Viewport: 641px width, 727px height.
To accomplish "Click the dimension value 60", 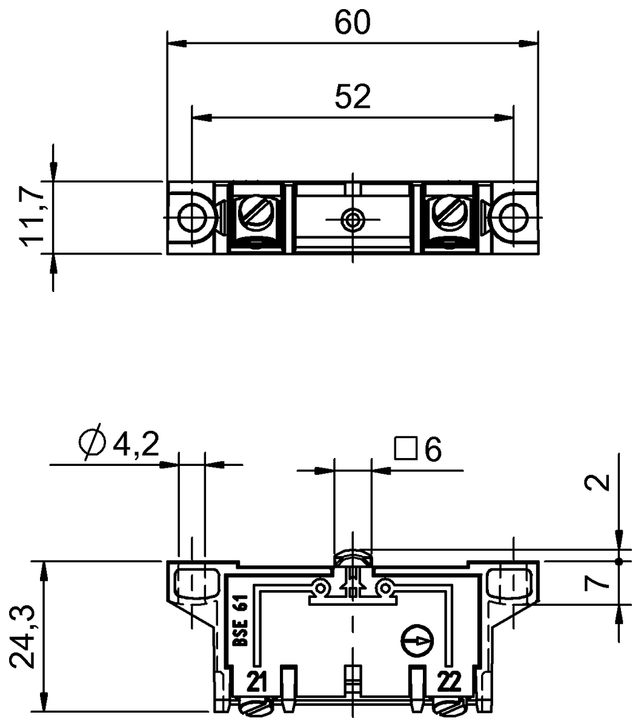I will (x=352, y=22).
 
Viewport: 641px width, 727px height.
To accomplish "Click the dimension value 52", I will (x=352, y=97).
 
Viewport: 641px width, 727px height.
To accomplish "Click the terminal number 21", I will (x=257, y=683).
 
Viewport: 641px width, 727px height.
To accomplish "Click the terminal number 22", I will (x=448, y=683).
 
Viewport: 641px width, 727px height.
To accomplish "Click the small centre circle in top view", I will (x=352, y=218).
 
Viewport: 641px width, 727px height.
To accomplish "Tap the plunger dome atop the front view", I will (x=352, y=556).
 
